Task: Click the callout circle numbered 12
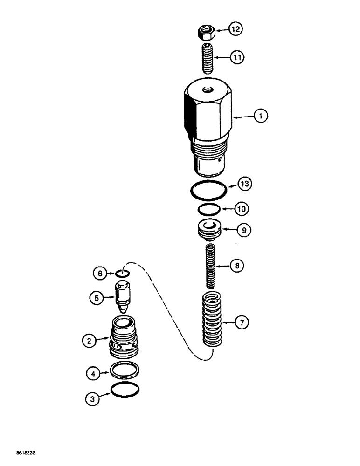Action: click(x=236, y=29)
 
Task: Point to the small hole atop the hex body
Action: click(x=206, y=88)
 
